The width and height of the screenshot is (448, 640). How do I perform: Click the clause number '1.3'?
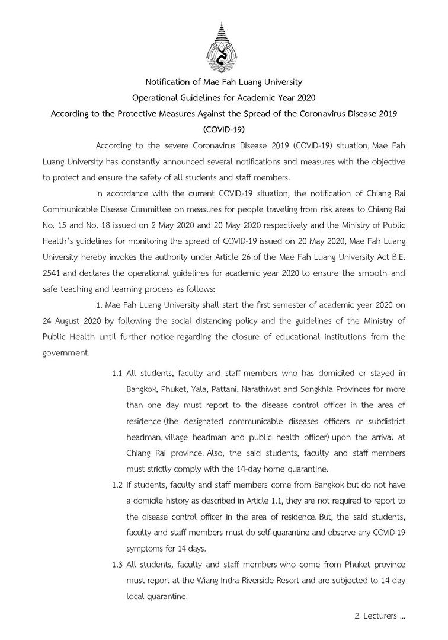point(117,565)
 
